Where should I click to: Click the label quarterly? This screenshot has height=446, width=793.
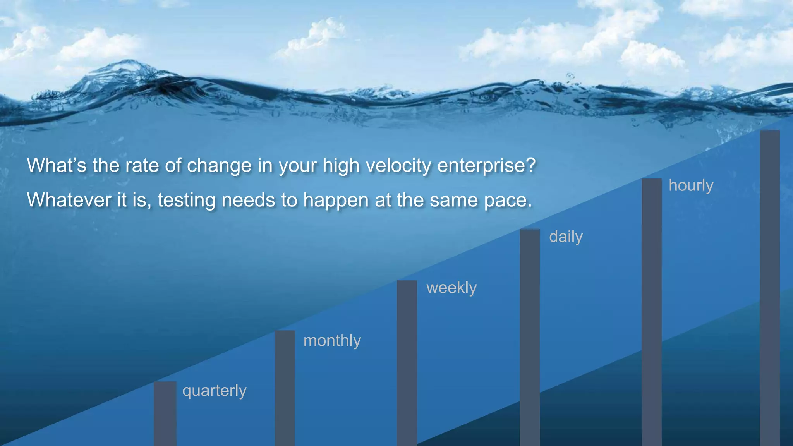pos(214,391)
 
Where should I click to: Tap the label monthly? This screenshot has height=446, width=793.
pos(332,341)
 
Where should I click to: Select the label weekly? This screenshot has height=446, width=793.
pos(451,288)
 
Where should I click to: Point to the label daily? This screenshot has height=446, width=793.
pos(566,237)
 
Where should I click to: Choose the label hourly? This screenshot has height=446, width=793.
pos(691,185)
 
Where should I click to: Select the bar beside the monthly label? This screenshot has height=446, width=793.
pos(285,387)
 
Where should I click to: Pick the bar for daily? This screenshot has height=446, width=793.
pos(529,337)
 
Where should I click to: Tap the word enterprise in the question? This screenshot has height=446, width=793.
pos(486,166)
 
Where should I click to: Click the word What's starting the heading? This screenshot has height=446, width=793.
pos(57,165)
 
